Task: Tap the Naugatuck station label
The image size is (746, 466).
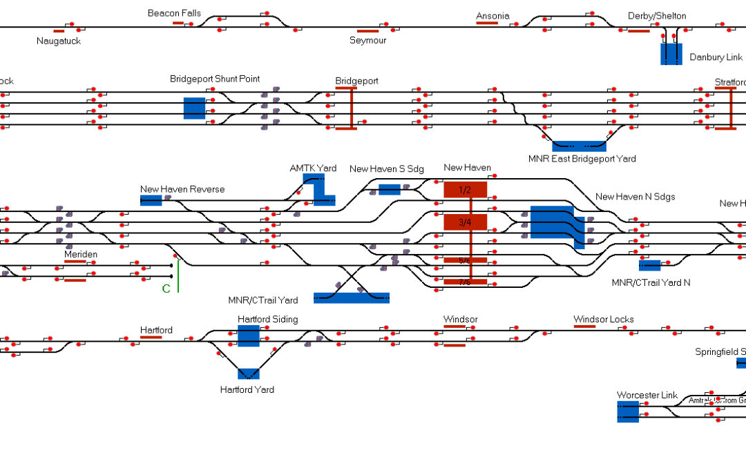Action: click(59, 41)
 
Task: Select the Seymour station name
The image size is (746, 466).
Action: click(368, 40)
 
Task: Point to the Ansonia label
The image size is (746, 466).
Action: click(492, 16)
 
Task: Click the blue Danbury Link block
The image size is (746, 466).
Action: click(671, 54)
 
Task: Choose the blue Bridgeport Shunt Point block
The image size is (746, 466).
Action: click(194, 108)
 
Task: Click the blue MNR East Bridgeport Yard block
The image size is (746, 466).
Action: click(579, 146)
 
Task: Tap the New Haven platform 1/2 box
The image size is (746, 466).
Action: click(465, 189)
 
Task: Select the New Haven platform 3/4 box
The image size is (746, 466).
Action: click(465, 222)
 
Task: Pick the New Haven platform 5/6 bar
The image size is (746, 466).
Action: click(465, 260)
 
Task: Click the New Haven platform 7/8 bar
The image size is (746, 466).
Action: click(465, 282)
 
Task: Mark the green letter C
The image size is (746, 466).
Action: click(166, 289)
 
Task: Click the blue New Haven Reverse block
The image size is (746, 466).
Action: click(151, 200)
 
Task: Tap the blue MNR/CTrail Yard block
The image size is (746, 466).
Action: click(351, 298)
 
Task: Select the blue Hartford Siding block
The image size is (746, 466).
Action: click(248, 336)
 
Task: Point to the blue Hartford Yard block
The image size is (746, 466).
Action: click(249, 373)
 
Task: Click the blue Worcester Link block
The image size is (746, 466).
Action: click(628, 411)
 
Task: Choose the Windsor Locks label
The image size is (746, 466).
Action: click(603, 319)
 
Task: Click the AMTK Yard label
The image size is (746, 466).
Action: click(313, 168)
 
